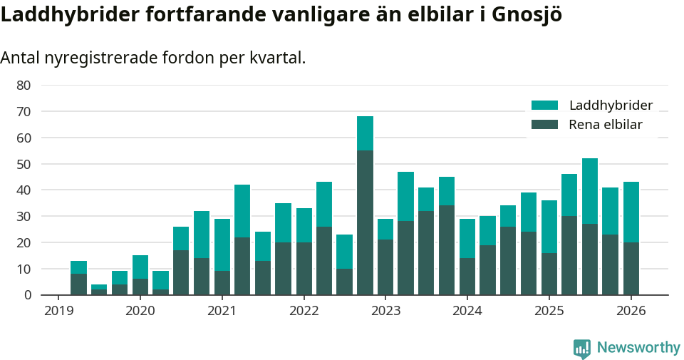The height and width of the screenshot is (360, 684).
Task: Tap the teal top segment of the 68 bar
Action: (365, 133)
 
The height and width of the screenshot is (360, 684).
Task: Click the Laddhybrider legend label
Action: (611, 106)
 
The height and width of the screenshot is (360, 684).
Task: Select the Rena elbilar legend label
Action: (605, 125)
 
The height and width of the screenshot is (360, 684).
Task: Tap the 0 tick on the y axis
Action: (27, 295)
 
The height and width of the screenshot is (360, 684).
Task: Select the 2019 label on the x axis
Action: (58, 311)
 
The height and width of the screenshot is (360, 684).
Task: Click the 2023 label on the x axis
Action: (385, 311)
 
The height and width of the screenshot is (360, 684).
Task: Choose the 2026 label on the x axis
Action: (631, 311)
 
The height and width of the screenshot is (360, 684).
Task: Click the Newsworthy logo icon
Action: (581, 348)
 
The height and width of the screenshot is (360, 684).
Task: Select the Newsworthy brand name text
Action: (638, 348)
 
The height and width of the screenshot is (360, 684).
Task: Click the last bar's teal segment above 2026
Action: (631, 212)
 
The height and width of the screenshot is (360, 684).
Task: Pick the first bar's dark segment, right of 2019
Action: (79, 284)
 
